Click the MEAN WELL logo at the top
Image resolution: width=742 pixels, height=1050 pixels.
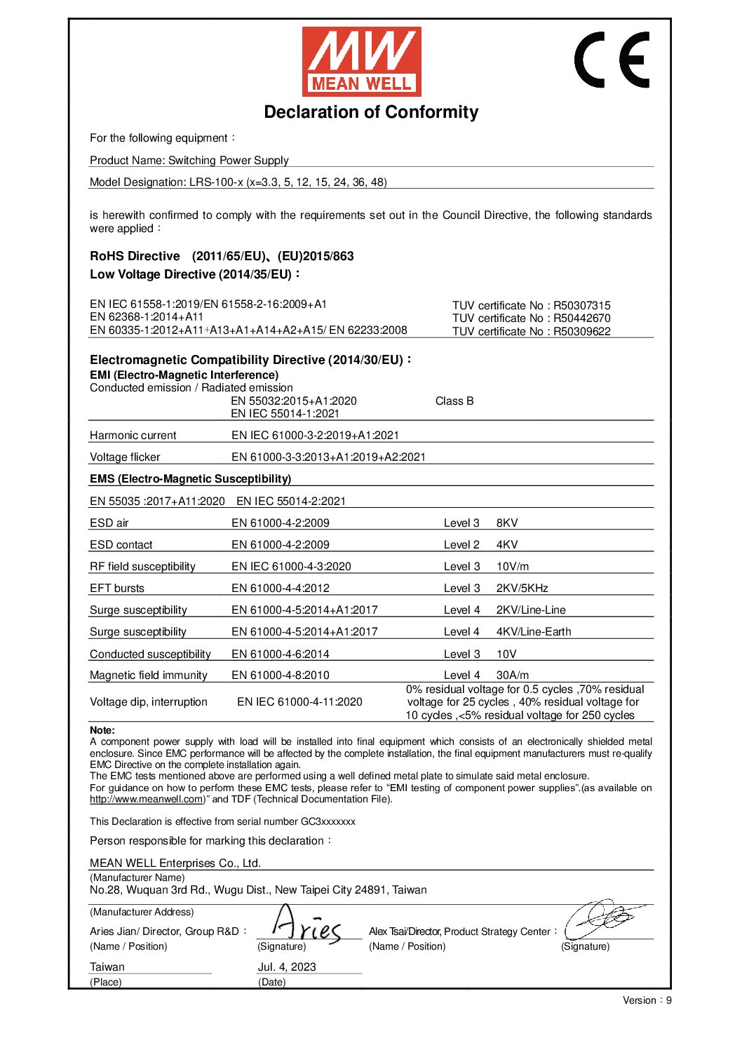point(361,62)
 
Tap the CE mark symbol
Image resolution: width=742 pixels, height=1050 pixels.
point(612,60)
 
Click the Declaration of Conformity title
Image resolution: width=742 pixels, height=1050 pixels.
point(371,112)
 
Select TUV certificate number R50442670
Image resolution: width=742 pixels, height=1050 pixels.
point(531,318)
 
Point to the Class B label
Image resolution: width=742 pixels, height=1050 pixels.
point(454,401)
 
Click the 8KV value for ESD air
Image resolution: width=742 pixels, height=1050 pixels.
point(507,523)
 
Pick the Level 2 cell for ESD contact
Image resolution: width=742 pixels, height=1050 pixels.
point(461,545)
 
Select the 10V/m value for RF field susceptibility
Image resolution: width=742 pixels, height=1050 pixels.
point(513,567)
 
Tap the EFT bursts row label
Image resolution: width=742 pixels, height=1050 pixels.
point(117,588)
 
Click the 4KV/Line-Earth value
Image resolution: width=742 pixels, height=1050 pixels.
point(534,632)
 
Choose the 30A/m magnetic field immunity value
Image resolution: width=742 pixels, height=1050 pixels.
point(513,675)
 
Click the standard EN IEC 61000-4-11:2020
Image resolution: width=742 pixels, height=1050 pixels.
point(299,702)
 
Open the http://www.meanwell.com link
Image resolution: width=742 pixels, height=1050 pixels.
point(146,800)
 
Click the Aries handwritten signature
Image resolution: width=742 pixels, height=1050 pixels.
point(306,926)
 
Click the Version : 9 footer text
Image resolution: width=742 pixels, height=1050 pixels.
point(647,1001)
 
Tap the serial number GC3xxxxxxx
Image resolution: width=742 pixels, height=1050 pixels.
point(328,822)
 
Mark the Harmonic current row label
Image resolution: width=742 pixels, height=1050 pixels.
point(133,436)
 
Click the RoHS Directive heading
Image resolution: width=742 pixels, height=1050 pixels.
point(135,257)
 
